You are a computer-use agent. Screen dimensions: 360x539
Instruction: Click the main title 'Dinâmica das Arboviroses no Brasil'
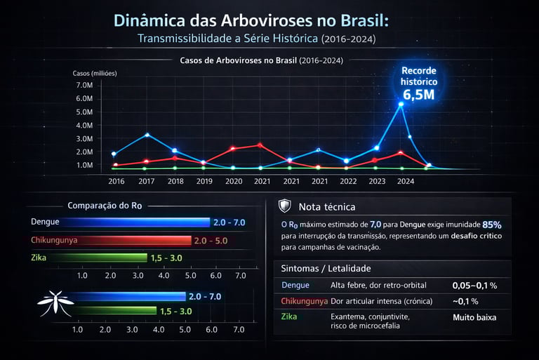pyautogui.click(x=251, y=20)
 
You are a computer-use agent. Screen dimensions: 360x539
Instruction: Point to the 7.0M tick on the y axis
pyautogui.click(x=84, y=85)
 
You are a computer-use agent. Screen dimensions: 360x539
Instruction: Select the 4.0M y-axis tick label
pyautogui.click(x=84, y=125)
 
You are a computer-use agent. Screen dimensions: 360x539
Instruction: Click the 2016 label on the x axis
pyautogui.click(x=117, y=180)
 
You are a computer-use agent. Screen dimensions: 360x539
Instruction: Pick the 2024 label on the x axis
pyautogui.click(x=405, y=180)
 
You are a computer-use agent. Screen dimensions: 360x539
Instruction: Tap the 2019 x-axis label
pyautogui.click(x=204, y=180)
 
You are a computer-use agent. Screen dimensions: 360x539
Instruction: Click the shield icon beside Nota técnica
pyautogui.click(x=284, y=206)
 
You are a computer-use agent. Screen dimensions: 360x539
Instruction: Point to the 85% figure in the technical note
pyautogui.click(x=492, y=225)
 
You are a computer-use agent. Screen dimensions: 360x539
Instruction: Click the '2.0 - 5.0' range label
pyautogui.click(x=211, y=241)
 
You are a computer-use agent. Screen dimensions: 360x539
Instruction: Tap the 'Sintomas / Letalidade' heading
pyautogui.click(x=326, y=268)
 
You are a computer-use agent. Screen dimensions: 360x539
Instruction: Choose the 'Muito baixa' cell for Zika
pyautogui.click(x=474, y=317)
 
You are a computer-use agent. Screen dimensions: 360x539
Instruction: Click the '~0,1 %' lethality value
pyautogui.click(x=465, y=301)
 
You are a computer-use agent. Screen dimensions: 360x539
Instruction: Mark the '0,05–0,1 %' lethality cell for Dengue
pyautogui.click(x=474, y=286)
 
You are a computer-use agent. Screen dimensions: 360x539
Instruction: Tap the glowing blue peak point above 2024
pyautogui.click(x=401, y=104)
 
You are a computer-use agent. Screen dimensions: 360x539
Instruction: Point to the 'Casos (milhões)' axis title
pyautogui.click(x=95, y=73)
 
